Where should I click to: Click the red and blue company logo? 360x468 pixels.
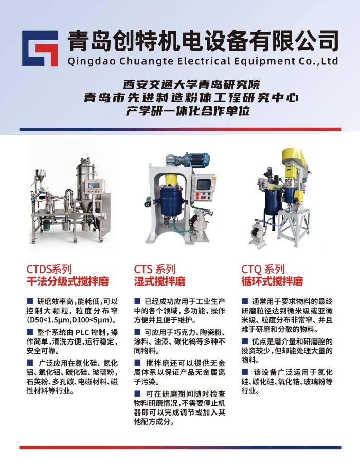(x=40, y=48)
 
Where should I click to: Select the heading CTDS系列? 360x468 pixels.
(x=49, y=269)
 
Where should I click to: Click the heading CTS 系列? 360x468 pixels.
(x=155, y=269)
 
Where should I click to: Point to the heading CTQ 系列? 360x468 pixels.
(x=263, y=269)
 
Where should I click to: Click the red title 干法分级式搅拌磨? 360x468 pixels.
(x=68, y=281)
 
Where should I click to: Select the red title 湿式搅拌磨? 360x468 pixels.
(x=160, y=281)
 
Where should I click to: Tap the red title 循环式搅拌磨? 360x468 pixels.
(x=272, y=281)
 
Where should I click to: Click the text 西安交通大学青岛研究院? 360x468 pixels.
(x=192, y=85)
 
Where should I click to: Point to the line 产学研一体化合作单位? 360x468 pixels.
(x=188, y=111)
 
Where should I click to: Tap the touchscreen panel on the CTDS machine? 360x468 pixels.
(x=93, y=186)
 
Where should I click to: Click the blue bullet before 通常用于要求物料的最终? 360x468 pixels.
(x=245, y=300)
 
